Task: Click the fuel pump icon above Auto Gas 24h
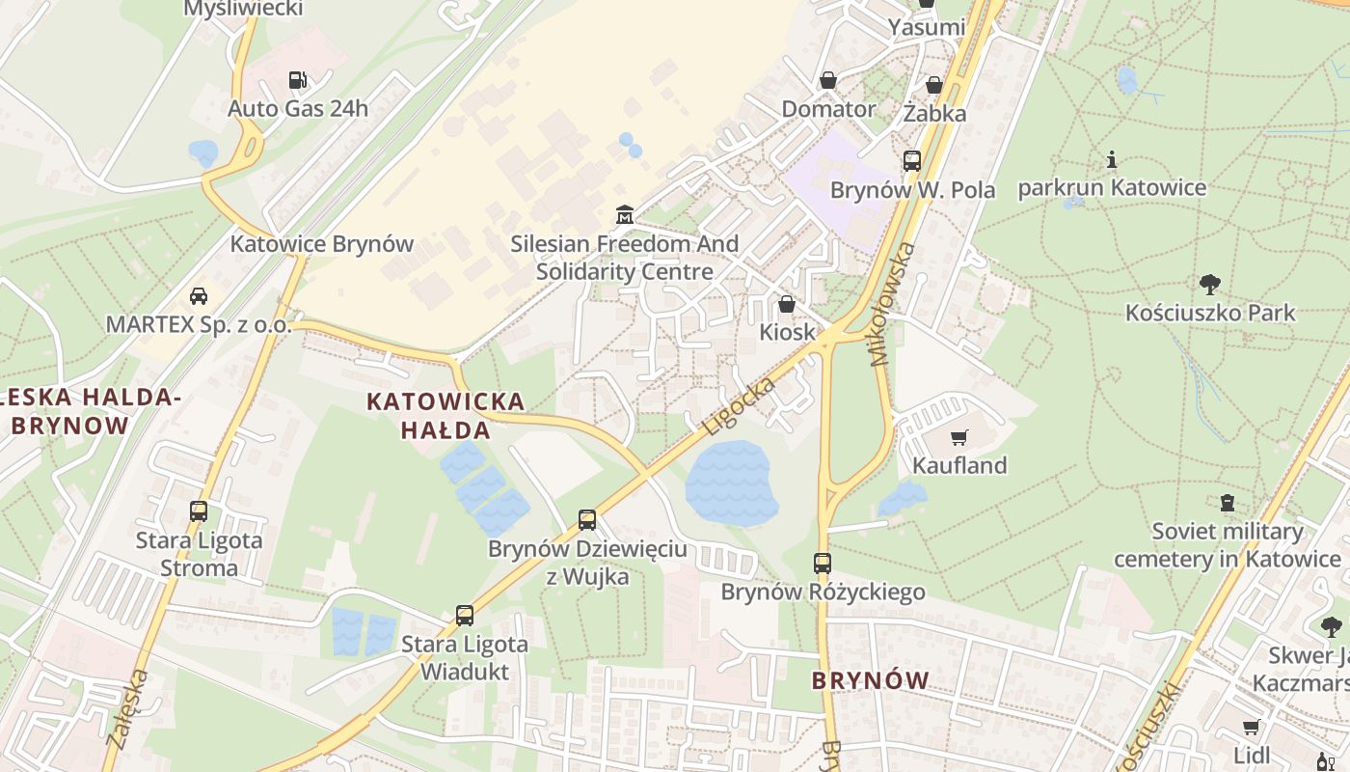298,80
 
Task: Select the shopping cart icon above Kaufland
958,437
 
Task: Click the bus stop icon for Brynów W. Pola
912,161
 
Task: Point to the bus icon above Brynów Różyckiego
822,563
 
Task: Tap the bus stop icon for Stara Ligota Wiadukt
465,615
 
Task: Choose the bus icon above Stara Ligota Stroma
199,510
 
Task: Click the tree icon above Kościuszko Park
1210,284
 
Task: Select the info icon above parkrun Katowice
1112,159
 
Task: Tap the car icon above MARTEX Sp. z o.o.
199,295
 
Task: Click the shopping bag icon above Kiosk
787,304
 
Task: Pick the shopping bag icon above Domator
827,80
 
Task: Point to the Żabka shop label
934,113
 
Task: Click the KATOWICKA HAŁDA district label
445,415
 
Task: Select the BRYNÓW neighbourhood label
870,680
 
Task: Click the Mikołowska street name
892,304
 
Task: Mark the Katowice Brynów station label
321,244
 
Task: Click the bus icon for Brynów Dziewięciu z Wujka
587,520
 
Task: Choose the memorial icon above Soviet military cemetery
1227,503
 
